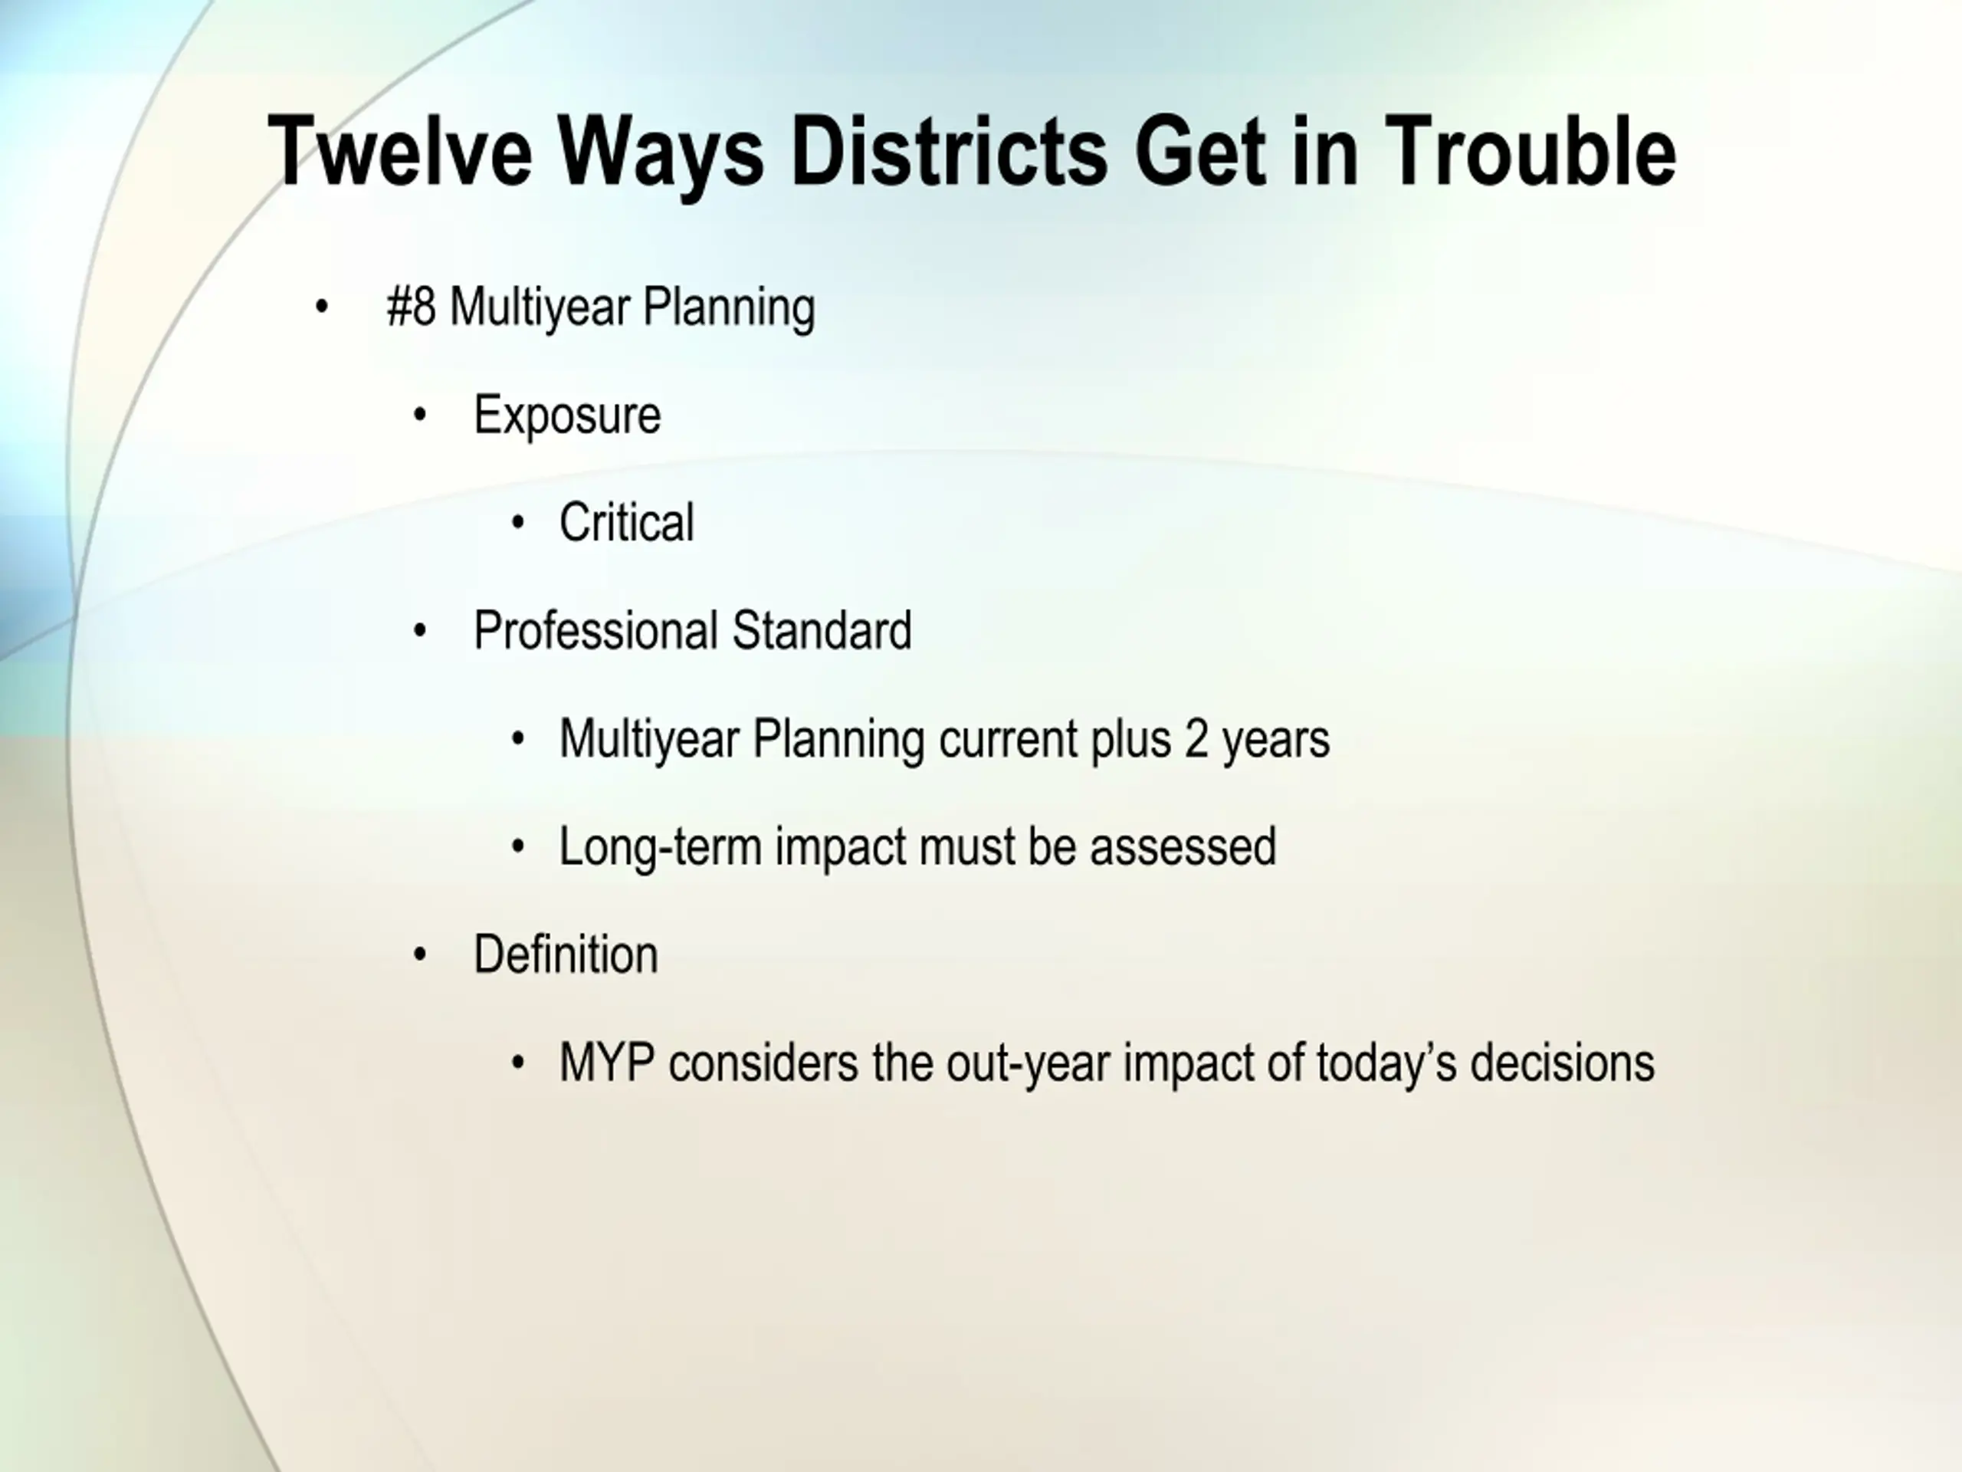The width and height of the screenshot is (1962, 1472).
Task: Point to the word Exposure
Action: tap(567, 416)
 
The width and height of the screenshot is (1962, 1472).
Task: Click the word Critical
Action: tap(626, 523)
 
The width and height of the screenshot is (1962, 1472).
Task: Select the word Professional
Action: tap(596, 631)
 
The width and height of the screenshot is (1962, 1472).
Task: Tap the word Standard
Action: tap(822, 631)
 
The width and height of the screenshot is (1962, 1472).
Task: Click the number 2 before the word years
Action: tap(1196, 739)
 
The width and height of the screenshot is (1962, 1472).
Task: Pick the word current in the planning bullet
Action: tap(1008, 739)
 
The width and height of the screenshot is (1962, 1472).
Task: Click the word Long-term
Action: tap(661, 847)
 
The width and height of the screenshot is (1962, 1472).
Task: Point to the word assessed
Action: tap(1183, 847)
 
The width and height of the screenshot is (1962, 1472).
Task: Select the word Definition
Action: tap(566, 955)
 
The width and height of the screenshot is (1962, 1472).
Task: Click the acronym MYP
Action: tap(608, 1063)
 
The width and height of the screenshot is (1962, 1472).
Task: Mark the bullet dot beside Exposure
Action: tap(421, 416)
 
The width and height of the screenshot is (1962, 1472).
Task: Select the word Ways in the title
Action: tap(661, 156)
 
